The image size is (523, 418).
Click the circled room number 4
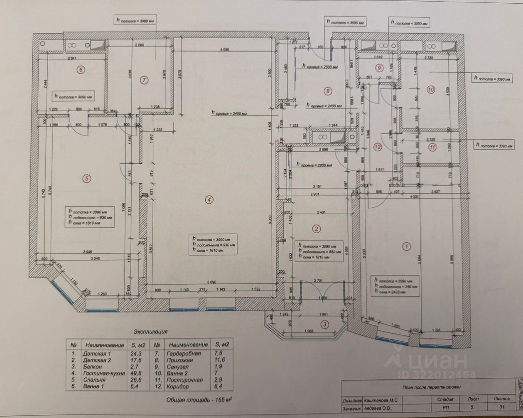pyautogui.click(x=210, y=199)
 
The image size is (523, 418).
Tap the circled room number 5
pyautogui.click(x=86, y=179)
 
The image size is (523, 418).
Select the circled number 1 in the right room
pyautogui.click(x=406, y=246)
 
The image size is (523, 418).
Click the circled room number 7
pyautogui.click(x=144, y=79)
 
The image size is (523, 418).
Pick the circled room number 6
pyautogui.click(x=81, y=70)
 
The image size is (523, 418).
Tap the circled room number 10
pyautogui.click(x=431, y=89)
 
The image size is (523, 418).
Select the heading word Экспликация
pyautogui.click(x=150, y=332)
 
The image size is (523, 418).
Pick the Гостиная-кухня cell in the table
pyautogui.click(x=103, y=373)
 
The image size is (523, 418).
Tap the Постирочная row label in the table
pyautogui.click(x=184, y=380)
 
